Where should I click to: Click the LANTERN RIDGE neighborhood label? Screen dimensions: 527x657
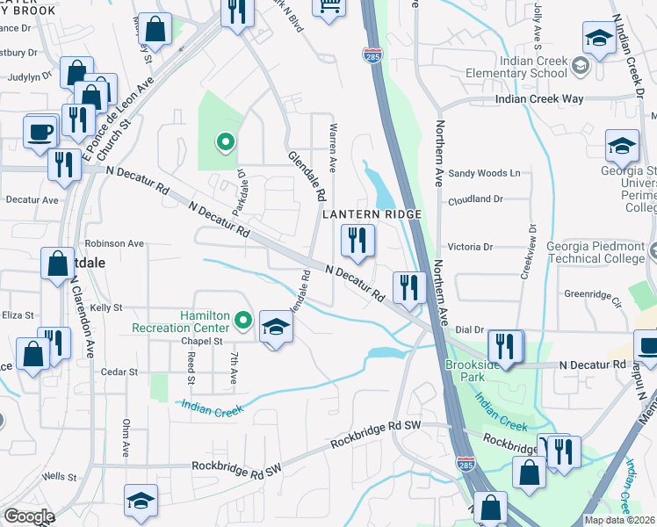(x=372, y=214)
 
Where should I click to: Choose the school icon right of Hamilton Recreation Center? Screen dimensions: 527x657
(x=276, y=329)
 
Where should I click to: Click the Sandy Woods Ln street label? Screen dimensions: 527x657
(x=484, y=174)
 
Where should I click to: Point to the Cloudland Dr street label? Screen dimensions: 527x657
(x=474, y=199)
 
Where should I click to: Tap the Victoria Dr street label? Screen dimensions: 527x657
(x=473, y=248)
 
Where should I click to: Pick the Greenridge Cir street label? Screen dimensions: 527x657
(x=593, y=295)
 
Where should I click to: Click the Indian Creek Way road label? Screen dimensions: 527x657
(x=538, y=99)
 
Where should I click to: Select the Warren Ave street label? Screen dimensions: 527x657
(x=333, y=148)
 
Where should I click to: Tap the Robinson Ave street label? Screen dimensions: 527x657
(x=113, y=243)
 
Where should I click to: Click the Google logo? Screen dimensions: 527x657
(x=28, y=516)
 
